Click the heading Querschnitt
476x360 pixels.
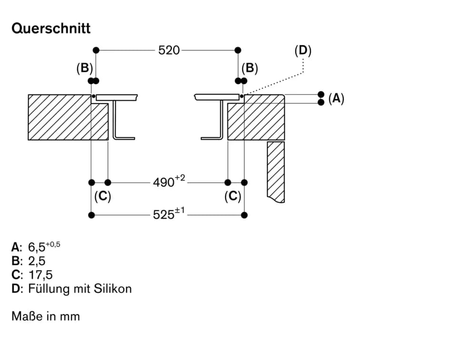(x=51, y=28)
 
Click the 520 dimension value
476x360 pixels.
(x=169, y=50)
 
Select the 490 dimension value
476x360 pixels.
(x=165, y=182)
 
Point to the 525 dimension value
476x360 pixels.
(x=164, y=215)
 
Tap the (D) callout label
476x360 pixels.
(x=303, y=50)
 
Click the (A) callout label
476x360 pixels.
(x=336, y=98)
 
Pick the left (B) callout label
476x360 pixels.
(x=85, y=68)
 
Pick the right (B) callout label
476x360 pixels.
(x=249, y=68)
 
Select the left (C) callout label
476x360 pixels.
(x=102, y=196)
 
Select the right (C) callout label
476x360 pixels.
(x=233, y=196)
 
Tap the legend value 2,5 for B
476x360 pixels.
(x=37, y=261)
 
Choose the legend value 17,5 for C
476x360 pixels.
(x=40, y=274)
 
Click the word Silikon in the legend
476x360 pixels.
(x=113, y=288)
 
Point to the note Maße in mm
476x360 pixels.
(x=46, y=316)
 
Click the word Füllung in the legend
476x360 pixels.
(x=48, y=289)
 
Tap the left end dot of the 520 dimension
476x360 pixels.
(x=96, y=50)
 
